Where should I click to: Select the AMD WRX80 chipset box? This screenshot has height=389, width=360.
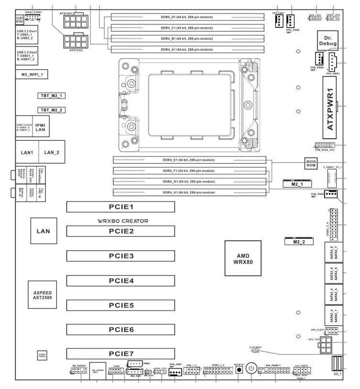[243, 259]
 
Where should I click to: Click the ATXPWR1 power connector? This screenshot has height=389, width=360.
[330, 106]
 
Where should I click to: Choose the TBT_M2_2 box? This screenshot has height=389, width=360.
[52, 110]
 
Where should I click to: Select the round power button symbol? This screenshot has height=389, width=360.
[252, 369]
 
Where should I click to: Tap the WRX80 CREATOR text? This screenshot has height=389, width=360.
[121, 221]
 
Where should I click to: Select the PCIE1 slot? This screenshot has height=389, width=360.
[121, 207]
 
